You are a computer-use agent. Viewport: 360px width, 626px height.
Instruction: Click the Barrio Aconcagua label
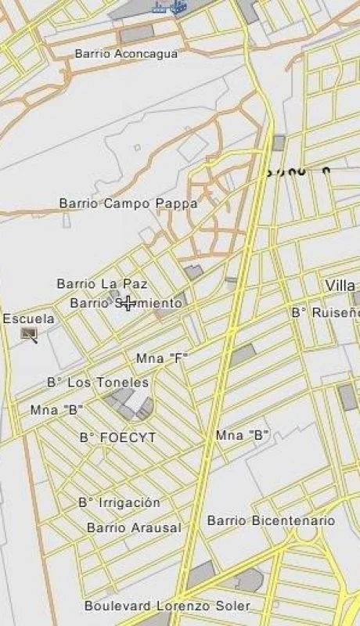(126, 54)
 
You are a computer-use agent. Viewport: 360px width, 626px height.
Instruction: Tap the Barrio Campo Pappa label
(128, 203)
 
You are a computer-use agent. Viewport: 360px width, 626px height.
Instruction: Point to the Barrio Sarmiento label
(126, 303)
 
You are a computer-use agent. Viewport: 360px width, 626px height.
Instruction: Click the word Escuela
(29, 319)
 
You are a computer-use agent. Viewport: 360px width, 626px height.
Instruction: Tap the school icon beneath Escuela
(30, 335)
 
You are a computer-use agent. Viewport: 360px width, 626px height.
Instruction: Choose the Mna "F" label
(163, 358)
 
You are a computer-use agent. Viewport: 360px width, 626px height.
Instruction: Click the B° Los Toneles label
(98, 383)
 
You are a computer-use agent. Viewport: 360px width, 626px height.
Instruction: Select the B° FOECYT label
(118, 437)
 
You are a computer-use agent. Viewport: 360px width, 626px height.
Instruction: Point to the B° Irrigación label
(119, 502)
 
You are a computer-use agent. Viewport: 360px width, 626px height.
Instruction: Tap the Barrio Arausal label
(134, 528)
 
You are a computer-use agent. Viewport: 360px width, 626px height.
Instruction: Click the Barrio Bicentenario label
(271, 520)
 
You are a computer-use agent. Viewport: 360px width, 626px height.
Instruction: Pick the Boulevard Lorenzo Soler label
(167, 606)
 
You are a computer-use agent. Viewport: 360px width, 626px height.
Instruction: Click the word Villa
(340, 286)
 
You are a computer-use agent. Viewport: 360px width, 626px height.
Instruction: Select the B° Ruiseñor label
(326, 313)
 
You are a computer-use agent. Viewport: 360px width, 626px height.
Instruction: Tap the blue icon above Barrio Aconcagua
(171, 8)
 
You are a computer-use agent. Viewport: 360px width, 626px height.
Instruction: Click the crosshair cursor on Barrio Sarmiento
(128, 303)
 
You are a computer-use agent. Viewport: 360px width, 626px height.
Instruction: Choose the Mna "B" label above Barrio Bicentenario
(243, 435)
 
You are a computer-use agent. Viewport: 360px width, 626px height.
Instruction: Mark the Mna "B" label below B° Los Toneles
(56, 410)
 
